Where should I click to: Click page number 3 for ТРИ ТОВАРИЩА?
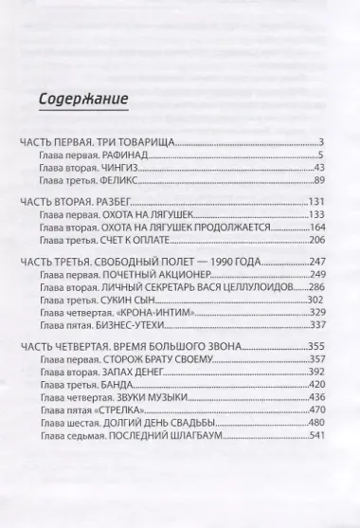coord(322,141)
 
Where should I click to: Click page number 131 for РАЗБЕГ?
coord(316,202)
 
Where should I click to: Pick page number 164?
coord(316,228)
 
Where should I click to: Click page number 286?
coord(316,287)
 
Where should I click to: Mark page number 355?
coord(316,348)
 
